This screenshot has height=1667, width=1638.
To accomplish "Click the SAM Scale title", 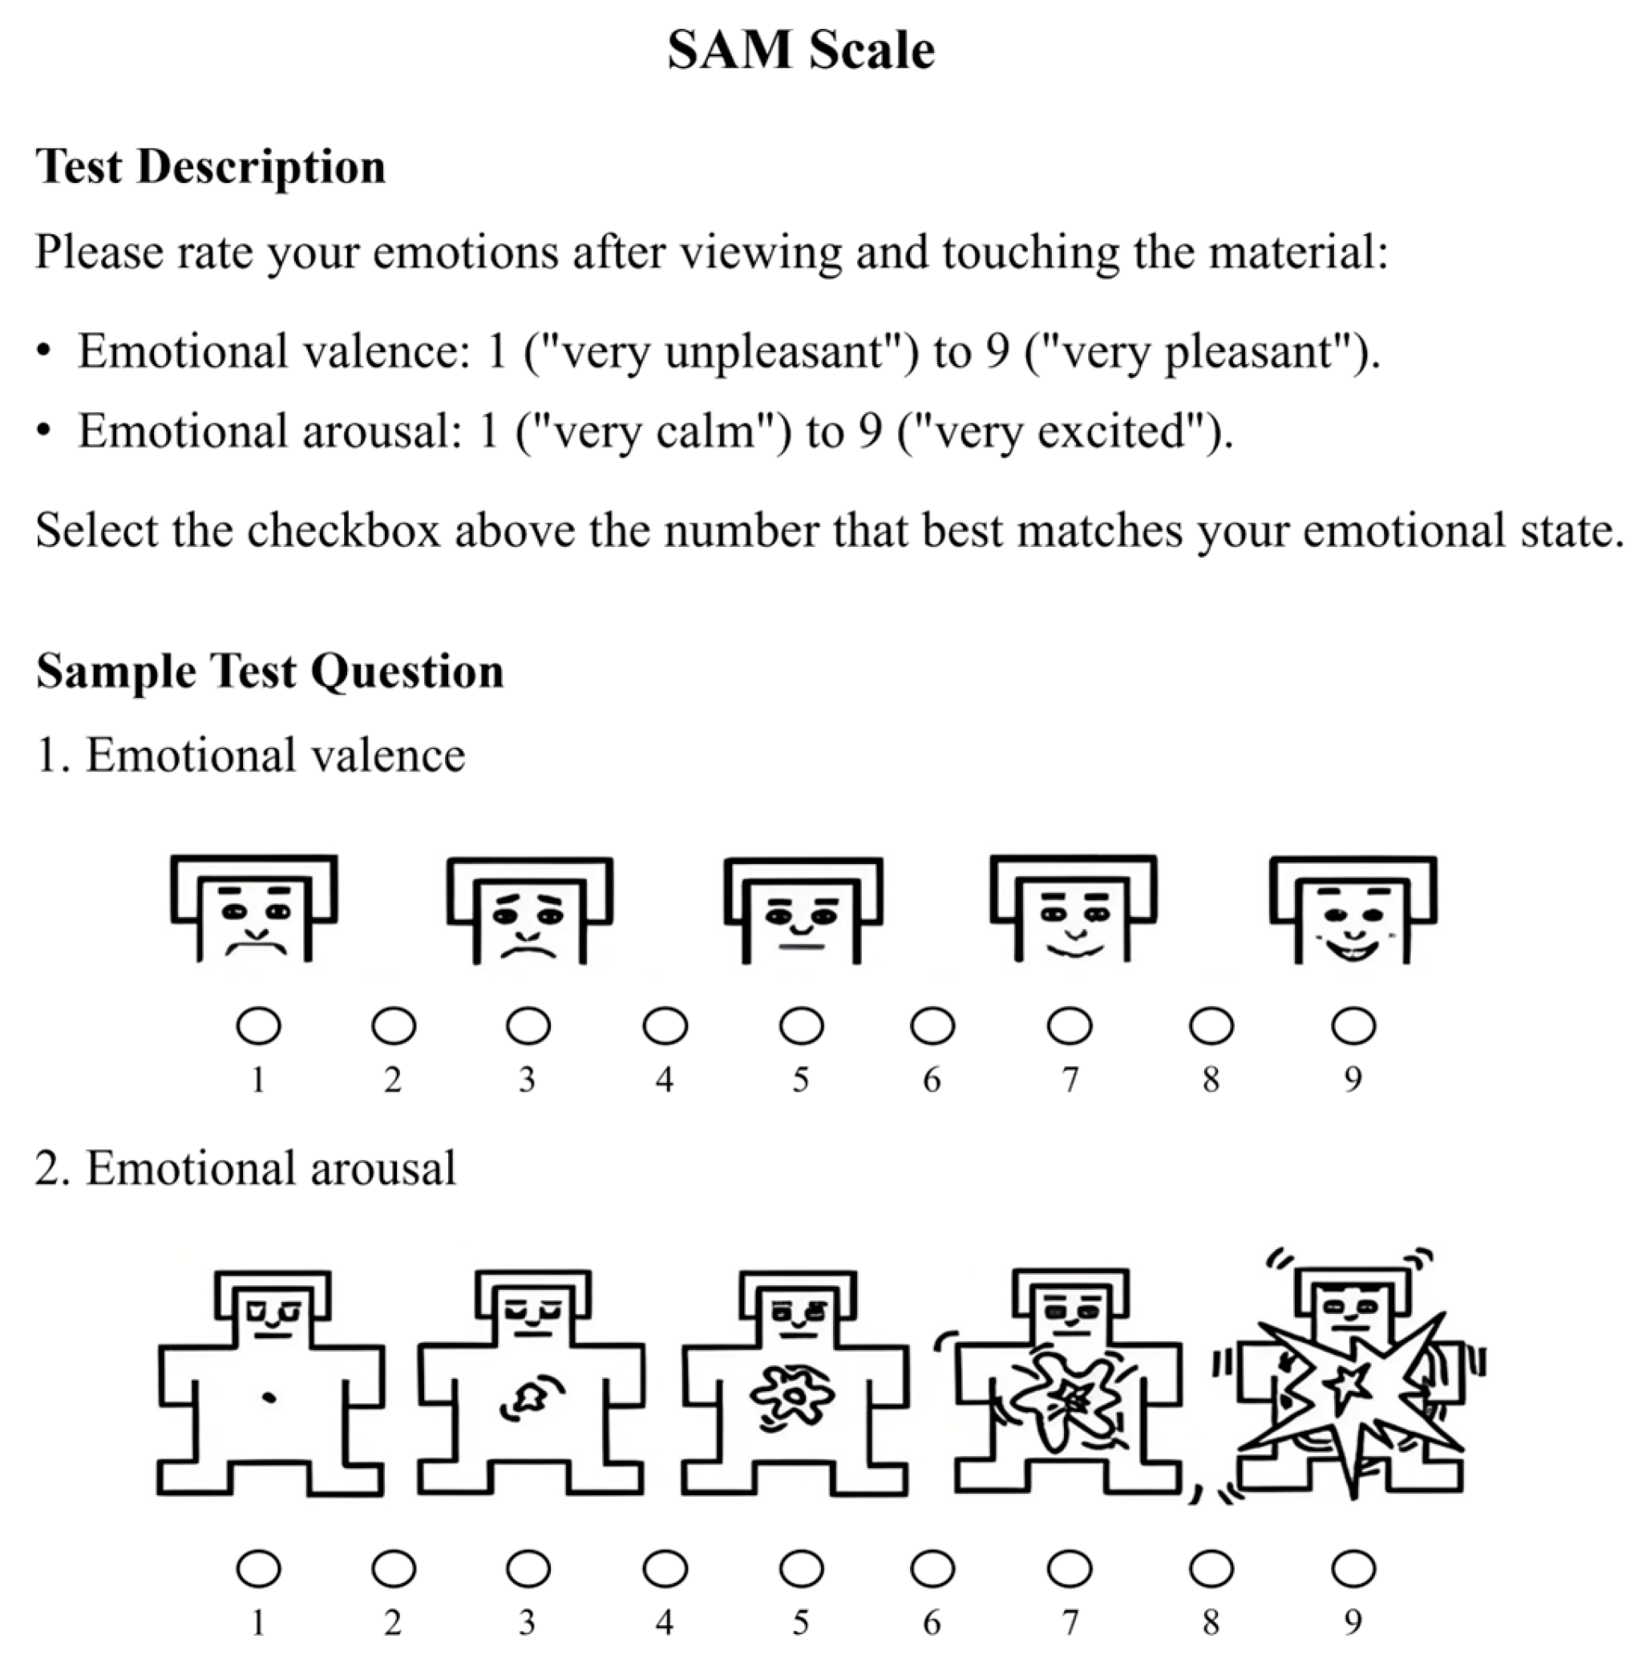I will pyautogui.click(x=801, y=50).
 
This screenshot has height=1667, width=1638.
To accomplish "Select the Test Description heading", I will pyautogui.click(x=211, y=166).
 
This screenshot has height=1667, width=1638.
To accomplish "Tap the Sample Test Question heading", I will pyautogui.click(x=269, y=671).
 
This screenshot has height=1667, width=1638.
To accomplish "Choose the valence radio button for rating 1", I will pyautogui.click(x=258, y=1026).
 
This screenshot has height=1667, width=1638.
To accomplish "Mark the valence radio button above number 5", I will pyautogui.click(x=801, y=1026).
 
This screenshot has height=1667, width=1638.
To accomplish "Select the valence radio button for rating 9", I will pyautogui.click(x=1353, y=1026).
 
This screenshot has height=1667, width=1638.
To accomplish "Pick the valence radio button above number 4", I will pyautogui.click(x=665, y=1026).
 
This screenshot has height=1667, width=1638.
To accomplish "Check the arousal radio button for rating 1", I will pyautogui.click(x=258, y=1569).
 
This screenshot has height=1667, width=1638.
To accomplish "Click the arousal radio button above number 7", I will pyautogui.click(x=1070, y=1569).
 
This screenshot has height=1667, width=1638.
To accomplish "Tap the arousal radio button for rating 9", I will pyautogui.click(x=1353, y=1569).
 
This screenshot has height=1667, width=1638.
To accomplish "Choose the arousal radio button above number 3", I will pyautogui.click(x=528, y=1569).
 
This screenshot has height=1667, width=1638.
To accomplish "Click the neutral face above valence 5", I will pyautogui.click(x=803, y=912).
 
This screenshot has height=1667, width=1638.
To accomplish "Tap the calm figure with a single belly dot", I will pyautogui.click(x=270, y=1385).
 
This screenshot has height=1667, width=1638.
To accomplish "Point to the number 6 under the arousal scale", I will pyautogui.click(x=932, y=1623).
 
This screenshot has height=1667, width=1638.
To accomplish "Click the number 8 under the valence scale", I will pyautogui.click(x=1211, y=1079).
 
